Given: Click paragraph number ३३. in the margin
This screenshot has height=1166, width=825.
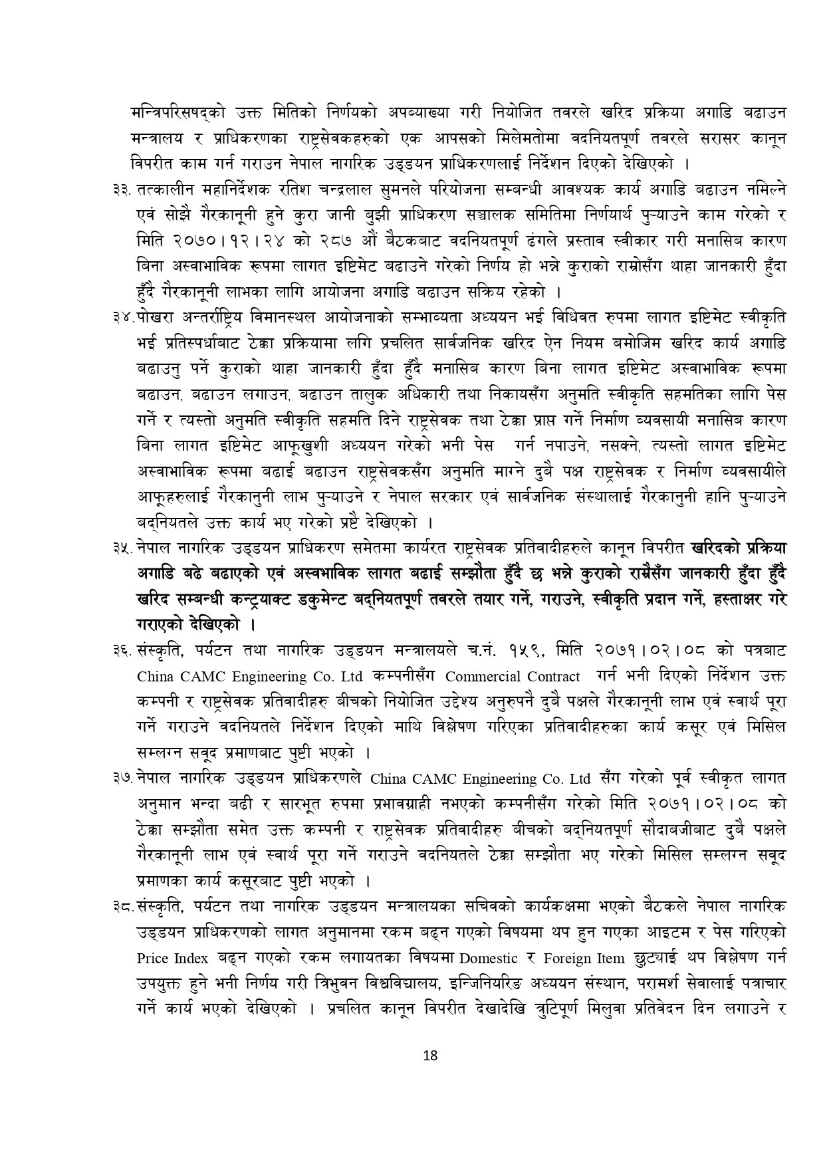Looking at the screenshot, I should click(123, 190).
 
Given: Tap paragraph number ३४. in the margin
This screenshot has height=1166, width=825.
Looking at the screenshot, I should click(123, 317).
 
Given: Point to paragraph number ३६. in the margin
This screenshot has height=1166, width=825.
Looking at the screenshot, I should click(123, 650).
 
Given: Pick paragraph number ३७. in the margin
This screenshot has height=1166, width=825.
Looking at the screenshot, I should click(123, 778).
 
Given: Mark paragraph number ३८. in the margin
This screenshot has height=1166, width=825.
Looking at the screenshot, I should click(123, 906).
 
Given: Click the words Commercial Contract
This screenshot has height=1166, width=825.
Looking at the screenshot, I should click(513, 677).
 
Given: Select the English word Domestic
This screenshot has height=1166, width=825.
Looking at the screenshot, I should click(488, 959).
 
